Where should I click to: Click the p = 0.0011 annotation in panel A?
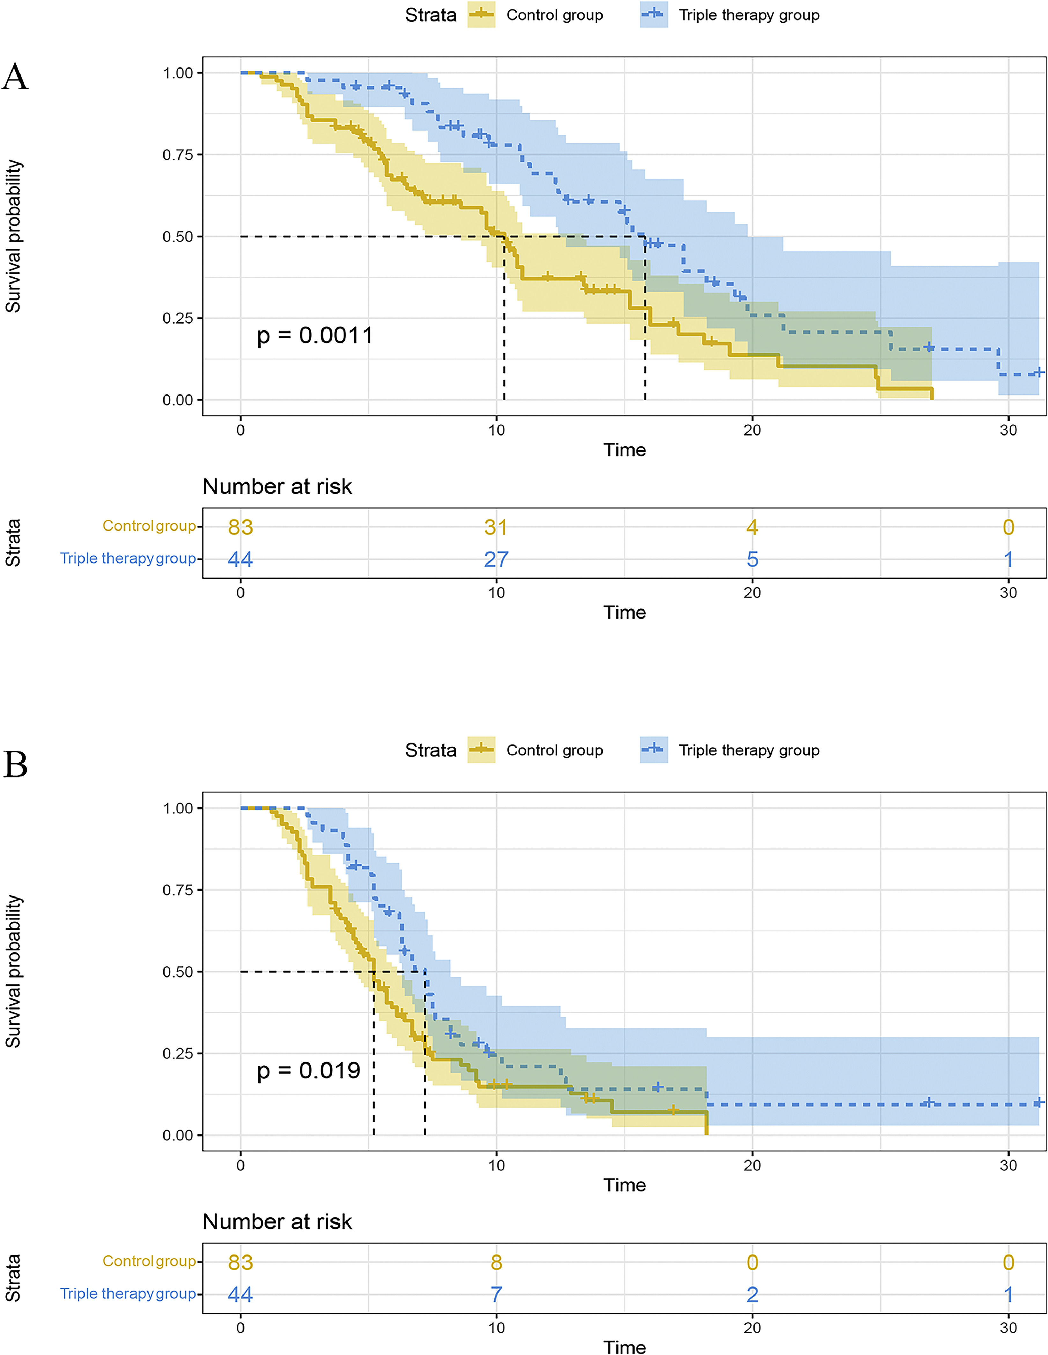[x=314, y=336]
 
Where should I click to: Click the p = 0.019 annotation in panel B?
[x=308, y=1070]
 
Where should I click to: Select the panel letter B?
[x=16, y=764]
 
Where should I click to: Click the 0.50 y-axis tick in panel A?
[x=178, y=236]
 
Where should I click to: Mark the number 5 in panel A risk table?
[x=752, y=560]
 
